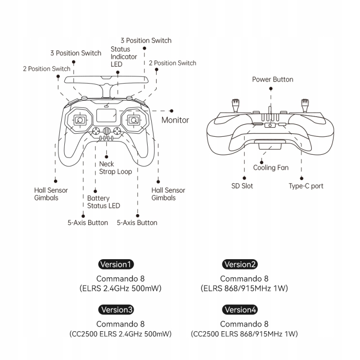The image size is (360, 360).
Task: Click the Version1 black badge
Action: (116, 264)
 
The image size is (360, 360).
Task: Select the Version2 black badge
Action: (240, 264)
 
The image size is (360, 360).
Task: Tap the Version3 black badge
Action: (116, 310)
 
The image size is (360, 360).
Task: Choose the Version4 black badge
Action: (240, 310)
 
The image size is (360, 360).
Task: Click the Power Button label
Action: (272, 80)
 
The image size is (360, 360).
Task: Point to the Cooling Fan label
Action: (270, 168)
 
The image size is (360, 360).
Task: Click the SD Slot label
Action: (242, 186)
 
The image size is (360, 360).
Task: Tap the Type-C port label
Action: (306, 186)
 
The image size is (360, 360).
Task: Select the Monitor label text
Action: (175, 120)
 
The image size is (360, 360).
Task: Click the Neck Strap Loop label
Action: (115, 168)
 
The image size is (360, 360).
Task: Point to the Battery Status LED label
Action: (103, 202)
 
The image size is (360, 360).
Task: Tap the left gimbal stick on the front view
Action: (80, 120)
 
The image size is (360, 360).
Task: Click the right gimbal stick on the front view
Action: (133, 120)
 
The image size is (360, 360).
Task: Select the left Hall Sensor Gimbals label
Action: (51, 194)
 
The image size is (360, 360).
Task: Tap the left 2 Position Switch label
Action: (46, 69)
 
